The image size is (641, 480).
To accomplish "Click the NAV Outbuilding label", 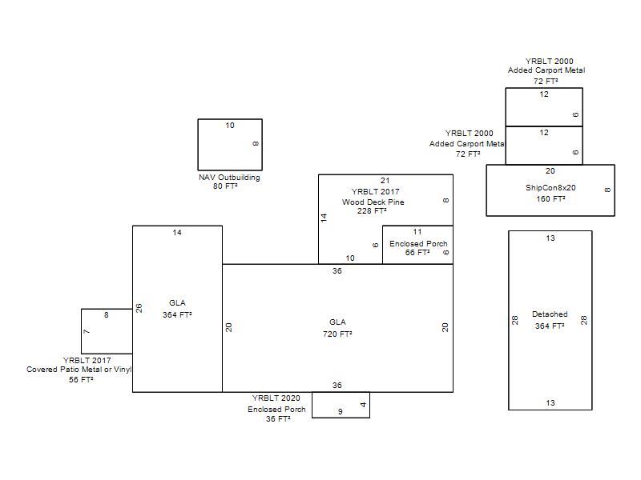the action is [x=229, y=178].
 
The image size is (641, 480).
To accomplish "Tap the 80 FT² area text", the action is [x=225, y=186].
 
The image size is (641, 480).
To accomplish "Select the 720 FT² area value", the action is [x=337, y=334].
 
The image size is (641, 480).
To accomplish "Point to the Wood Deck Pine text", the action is [x=373, y=202].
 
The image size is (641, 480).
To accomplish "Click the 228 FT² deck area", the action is [x=372, y=211].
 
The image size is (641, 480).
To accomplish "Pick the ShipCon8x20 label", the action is [x=550, y=188].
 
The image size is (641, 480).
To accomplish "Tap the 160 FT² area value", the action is [x=551, y=198].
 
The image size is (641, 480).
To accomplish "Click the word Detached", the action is [x=550, y=314].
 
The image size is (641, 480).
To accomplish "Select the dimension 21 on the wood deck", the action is [x=385, y=181].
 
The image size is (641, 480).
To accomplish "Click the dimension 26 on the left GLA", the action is [x=139, y=308].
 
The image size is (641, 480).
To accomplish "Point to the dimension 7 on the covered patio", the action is [x=87, y=331].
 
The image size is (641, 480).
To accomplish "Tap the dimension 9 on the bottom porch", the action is [x=341, y=412].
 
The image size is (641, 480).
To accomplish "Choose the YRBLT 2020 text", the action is [x=276, y=398].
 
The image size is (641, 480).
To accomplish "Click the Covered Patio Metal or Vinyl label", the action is [x=79, y=370].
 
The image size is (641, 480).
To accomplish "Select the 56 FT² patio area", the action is [x=81, y=379].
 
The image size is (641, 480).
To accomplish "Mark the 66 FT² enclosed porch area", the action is [x=417, y=253].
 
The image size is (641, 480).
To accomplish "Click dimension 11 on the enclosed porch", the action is [x=417, y=232].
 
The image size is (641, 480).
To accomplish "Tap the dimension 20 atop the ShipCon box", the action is [x=550, y=171].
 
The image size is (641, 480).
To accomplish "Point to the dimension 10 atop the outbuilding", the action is [x=230, y=126].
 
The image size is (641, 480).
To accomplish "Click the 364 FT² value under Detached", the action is [x=550, y=326].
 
